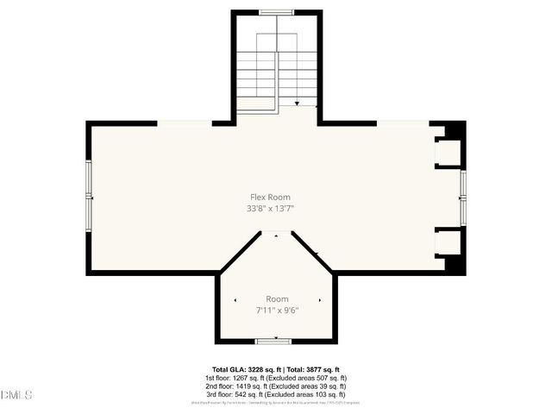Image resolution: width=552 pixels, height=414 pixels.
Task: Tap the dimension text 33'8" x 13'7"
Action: (276, 208)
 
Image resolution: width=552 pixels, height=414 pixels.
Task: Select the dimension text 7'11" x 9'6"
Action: (277, 310)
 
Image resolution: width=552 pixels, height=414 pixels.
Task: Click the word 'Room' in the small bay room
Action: (277, 298)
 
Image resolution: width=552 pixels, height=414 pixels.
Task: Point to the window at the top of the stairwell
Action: (277, 12)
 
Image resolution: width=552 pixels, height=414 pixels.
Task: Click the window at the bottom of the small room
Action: (276, 342)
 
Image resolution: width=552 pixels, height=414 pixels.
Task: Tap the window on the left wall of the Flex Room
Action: (89, 198)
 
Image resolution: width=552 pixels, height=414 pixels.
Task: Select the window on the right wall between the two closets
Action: (463, 198)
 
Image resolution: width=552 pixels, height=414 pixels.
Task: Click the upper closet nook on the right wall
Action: (448, 153)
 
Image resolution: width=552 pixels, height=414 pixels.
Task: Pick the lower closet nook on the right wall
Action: (448, 242)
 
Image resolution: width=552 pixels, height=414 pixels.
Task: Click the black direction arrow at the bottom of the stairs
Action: (297, 103)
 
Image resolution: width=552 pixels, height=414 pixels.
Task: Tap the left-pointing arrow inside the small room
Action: (235, 299)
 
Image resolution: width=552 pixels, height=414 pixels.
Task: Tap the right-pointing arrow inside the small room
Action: (320, 299)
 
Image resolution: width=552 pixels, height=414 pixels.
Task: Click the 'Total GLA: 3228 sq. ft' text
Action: (245, 369)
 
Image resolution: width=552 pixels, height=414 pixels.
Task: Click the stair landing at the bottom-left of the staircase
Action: (255, 104)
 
